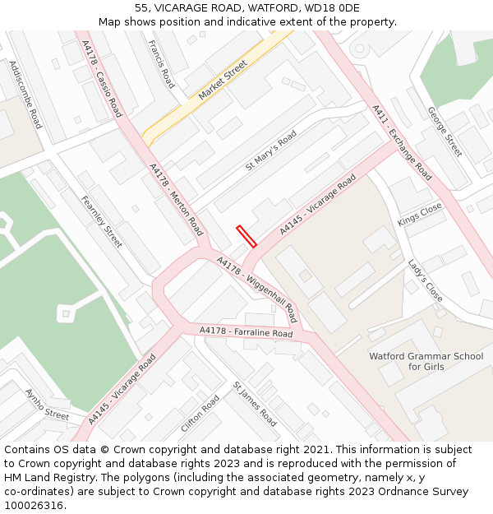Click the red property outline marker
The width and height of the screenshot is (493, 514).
click(246, 236)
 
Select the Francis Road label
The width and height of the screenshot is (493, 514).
click(162, 64)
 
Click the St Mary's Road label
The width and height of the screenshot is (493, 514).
click(271, 152)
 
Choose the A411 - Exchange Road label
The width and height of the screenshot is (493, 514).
click(402, 142)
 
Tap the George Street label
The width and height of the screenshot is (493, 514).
click(445, 132)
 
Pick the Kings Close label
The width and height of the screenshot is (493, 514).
click(420, 215)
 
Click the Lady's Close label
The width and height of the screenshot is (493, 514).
click(426, 280)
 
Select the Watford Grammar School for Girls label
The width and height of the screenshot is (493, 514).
click(426, 361)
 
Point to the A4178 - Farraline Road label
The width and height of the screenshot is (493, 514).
click(246, 332)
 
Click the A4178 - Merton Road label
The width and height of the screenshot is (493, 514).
click(176, 199)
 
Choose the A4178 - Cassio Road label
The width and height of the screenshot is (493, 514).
click(102, 79)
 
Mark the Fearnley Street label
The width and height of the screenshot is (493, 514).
click(101, 221)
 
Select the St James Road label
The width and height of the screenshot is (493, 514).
click(255, 403)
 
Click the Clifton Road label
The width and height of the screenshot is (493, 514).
click(200, 414)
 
